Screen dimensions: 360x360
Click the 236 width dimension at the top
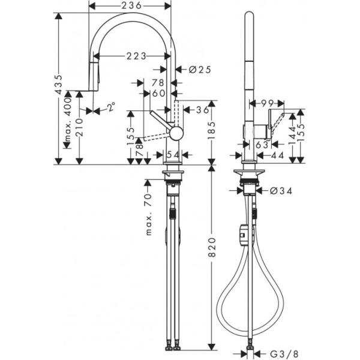(130, 5)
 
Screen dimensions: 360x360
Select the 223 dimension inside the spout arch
(137, 56)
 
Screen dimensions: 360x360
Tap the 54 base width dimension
(173, 155)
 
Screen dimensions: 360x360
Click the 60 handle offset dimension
(158, 93)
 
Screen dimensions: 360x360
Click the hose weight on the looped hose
(242, 235)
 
